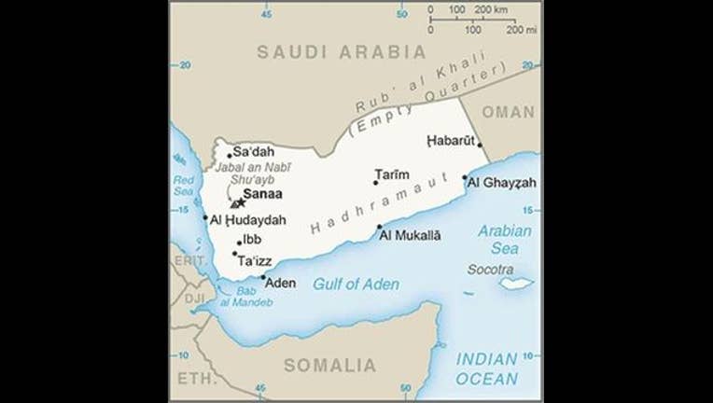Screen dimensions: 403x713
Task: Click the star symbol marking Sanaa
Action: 240,201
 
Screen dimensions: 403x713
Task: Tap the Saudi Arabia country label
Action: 342,52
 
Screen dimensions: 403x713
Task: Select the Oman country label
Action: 510,112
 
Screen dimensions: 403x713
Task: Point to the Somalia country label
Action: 329,365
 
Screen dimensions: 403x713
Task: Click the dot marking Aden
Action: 262,277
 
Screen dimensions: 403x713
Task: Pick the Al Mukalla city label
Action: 411,234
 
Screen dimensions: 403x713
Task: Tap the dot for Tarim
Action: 376,183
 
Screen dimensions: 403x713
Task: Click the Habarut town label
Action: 452,141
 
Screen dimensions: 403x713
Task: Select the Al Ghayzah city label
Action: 502,183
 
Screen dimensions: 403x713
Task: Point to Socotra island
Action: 515,282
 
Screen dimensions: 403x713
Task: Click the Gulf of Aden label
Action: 356,285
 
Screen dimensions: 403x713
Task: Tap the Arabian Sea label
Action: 504,240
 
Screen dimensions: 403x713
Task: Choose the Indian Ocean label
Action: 486,368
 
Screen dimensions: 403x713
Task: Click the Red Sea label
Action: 184,186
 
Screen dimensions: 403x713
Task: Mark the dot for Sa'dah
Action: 230,156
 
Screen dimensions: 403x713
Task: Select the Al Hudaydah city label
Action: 248,221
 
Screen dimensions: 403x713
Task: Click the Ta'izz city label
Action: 254,261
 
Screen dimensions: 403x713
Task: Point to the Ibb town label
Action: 252,240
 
